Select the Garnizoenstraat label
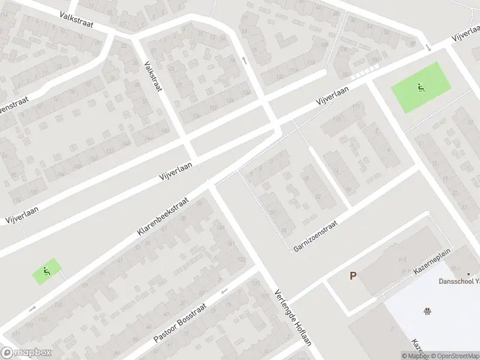click(316, 235)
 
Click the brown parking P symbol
click(353, 276)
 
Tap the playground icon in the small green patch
click(47, 271)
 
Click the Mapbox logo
click(26, 353)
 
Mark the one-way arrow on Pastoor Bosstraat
click(224, 292)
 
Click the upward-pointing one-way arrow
click(244, 59)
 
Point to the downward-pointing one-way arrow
click(428, 47)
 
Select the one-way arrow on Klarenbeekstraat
click(32, 309)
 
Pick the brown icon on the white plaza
click(428, 310)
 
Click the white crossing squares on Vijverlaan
click(362, 74)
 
